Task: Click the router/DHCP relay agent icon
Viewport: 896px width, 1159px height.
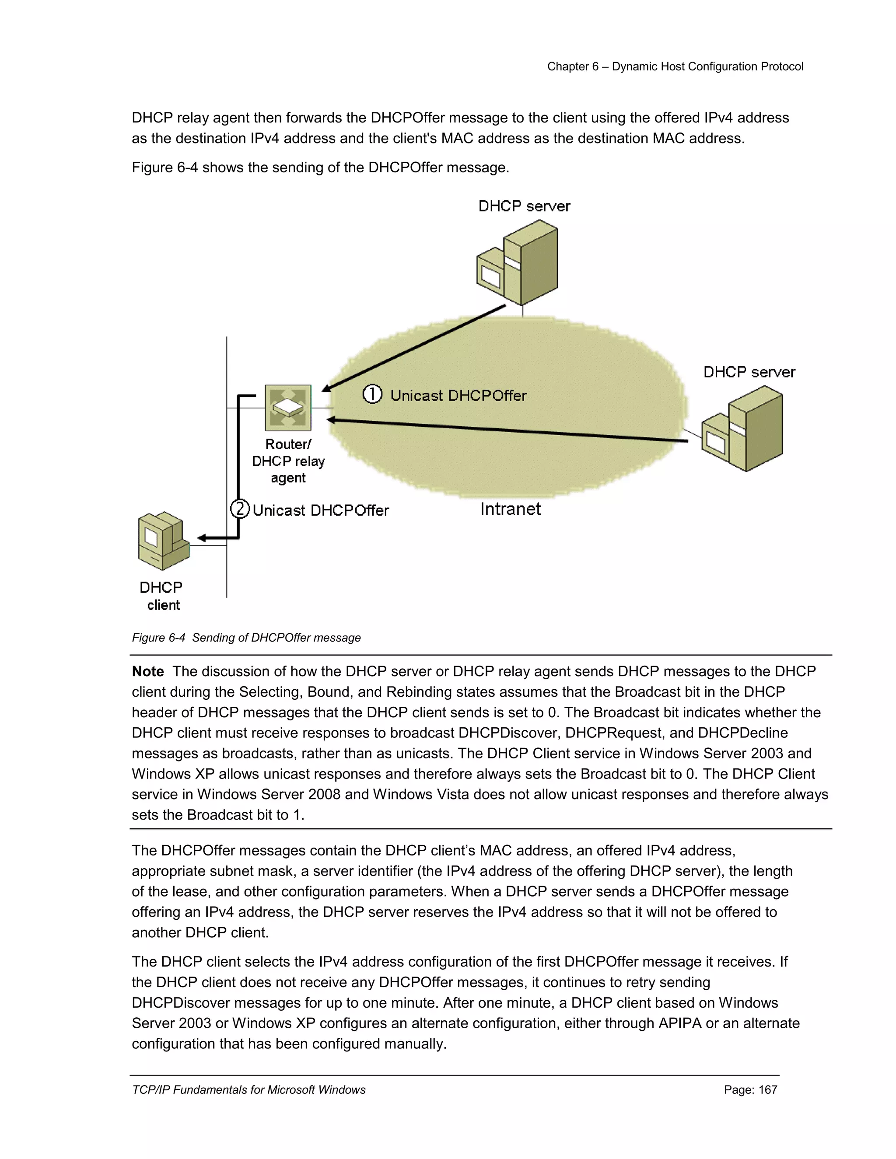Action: (x=288, y=408)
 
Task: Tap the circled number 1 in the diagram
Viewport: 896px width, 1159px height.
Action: (x=372, y=394)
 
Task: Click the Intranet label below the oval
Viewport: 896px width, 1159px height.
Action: (x=510, y=509)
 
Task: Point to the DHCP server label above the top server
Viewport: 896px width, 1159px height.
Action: (x=524, y=206)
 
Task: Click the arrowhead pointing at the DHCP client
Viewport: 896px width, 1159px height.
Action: (x=202, y=538)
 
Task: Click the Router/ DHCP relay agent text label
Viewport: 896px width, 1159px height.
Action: (x=288, y=461)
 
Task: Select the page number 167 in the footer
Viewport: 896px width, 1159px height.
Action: (x=751, y=1089)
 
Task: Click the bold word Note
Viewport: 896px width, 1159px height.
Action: (x=147, y=671)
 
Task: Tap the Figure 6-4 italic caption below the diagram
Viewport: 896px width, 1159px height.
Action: (x=246, y=637)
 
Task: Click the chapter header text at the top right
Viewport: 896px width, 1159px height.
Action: (x=675, y=66)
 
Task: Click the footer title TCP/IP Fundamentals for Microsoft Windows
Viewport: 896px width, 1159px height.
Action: (x=248, y=1089)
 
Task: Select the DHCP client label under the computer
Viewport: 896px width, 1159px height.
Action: (x=161, y=596)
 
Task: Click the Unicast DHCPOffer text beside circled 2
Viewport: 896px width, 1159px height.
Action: (x=321, y=510)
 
